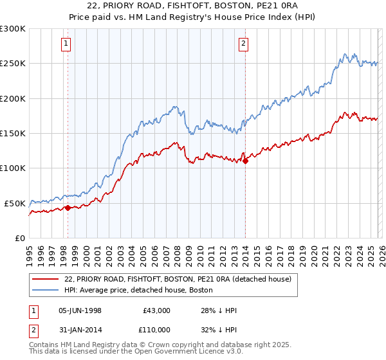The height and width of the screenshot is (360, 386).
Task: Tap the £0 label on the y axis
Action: click(x=20, y=238)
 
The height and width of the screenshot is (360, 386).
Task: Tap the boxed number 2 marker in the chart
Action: click(x=244, y=44)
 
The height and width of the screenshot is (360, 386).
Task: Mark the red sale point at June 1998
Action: click(x=68, y=208)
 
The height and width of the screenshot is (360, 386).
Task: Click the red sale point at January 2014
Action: click(x=245, y=161)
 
